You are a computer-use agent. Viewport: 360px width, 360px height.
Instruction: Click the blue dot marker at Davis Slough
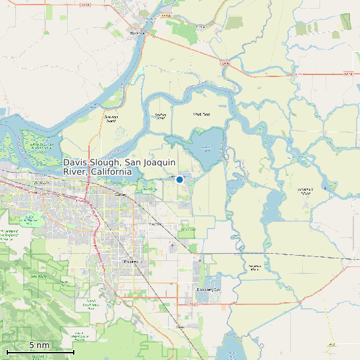click(179, 179)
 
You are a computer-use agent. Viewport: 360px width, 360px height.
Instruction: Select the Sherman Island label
click(110, 119)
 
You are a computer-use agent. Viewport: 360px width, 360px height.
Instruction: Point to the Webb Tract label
click(201, 114)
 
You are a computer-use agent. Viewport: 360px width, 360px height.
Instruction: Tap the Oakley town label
click(120, 195)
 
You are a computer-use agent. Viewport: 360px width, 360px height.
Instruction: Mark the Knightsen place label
click(155, 224)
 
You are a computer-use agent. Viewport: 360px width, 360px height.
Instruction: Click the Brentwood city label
click(132, 262)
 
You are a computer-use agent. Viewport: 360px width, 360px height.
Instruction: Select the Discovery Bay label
click(209, 290)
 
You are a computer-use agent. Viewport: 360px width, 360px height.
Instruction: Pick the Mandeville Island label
click(306, 192)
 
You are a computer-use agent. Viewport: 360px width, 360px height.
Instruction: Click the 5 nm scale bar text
click(39, 345)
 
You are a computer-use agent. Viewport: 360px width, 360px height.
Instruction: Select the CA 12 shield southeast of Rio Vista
click(226, 64)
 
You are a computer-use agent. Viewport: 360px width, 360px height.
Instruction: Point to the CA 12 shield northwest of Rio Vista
click(84, 5)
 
